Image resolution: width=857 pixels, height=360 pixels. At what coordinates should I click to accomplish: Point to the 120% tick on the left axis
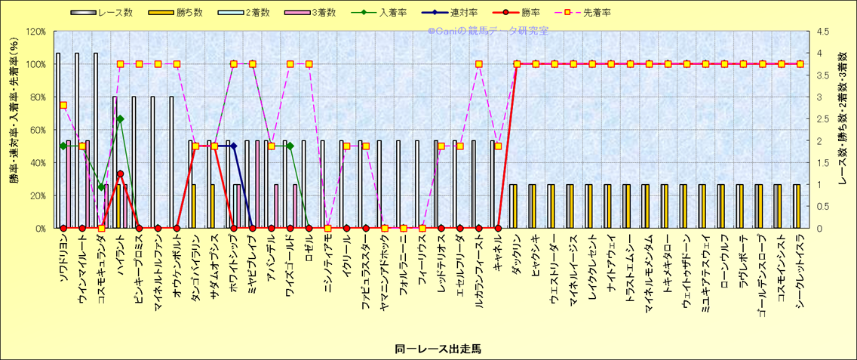click(35, 32)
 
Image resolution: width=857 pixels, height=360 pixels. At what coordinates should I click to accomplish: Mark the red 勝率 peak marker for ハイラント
click(120, 174)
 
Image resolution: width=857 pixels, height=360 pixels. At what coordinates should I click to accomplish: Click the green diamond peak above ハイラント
click(120, 119)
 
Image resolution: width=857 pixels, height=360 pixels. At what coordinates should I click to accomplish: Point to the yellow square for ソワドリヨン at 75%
click(63, 105)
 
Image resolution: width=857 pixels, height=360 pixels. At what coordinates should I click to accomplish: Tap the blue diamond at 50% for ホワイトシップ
click(233, 146)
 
